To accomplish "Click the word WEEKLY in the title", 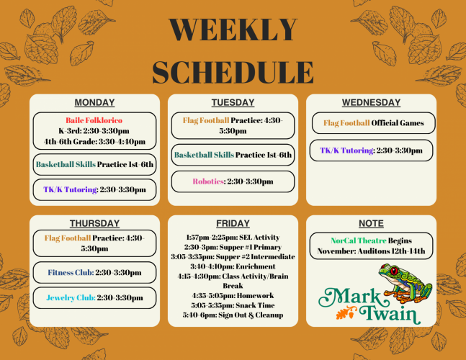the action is coord(233,30).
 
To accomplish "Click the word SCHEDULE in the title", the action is coord(233,72).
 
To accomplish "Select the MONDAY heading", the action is coord(94,102).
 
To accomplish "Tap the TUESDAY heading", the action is coord(233,102).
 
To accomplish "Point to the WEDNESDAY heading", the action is coord(371,102).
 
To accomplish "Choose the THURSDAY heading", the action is coord(94,223).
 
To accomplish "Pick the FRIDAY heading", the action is coord(233,223).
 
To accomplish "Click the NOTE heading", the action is coord(371,223).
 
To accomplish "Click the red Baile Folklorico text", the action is coord(94,120).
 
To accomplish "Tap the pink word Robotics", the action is coord(208,181).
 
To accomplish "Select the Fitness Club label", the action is coord(71,272).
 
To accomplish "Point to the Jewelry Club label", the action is coord(71,297).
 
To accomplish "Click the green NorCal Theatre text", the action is coord(359,240).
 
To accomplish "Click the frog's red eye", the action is coord(394,271).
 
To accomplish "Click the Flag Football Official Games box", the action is coord(373,123).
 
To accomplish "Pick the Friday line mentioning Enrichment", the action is coord(233,266).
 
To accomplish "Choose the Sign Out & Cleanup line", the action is coord(233,315).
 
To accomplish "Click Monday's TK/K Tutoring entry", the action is coord(94,189).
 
